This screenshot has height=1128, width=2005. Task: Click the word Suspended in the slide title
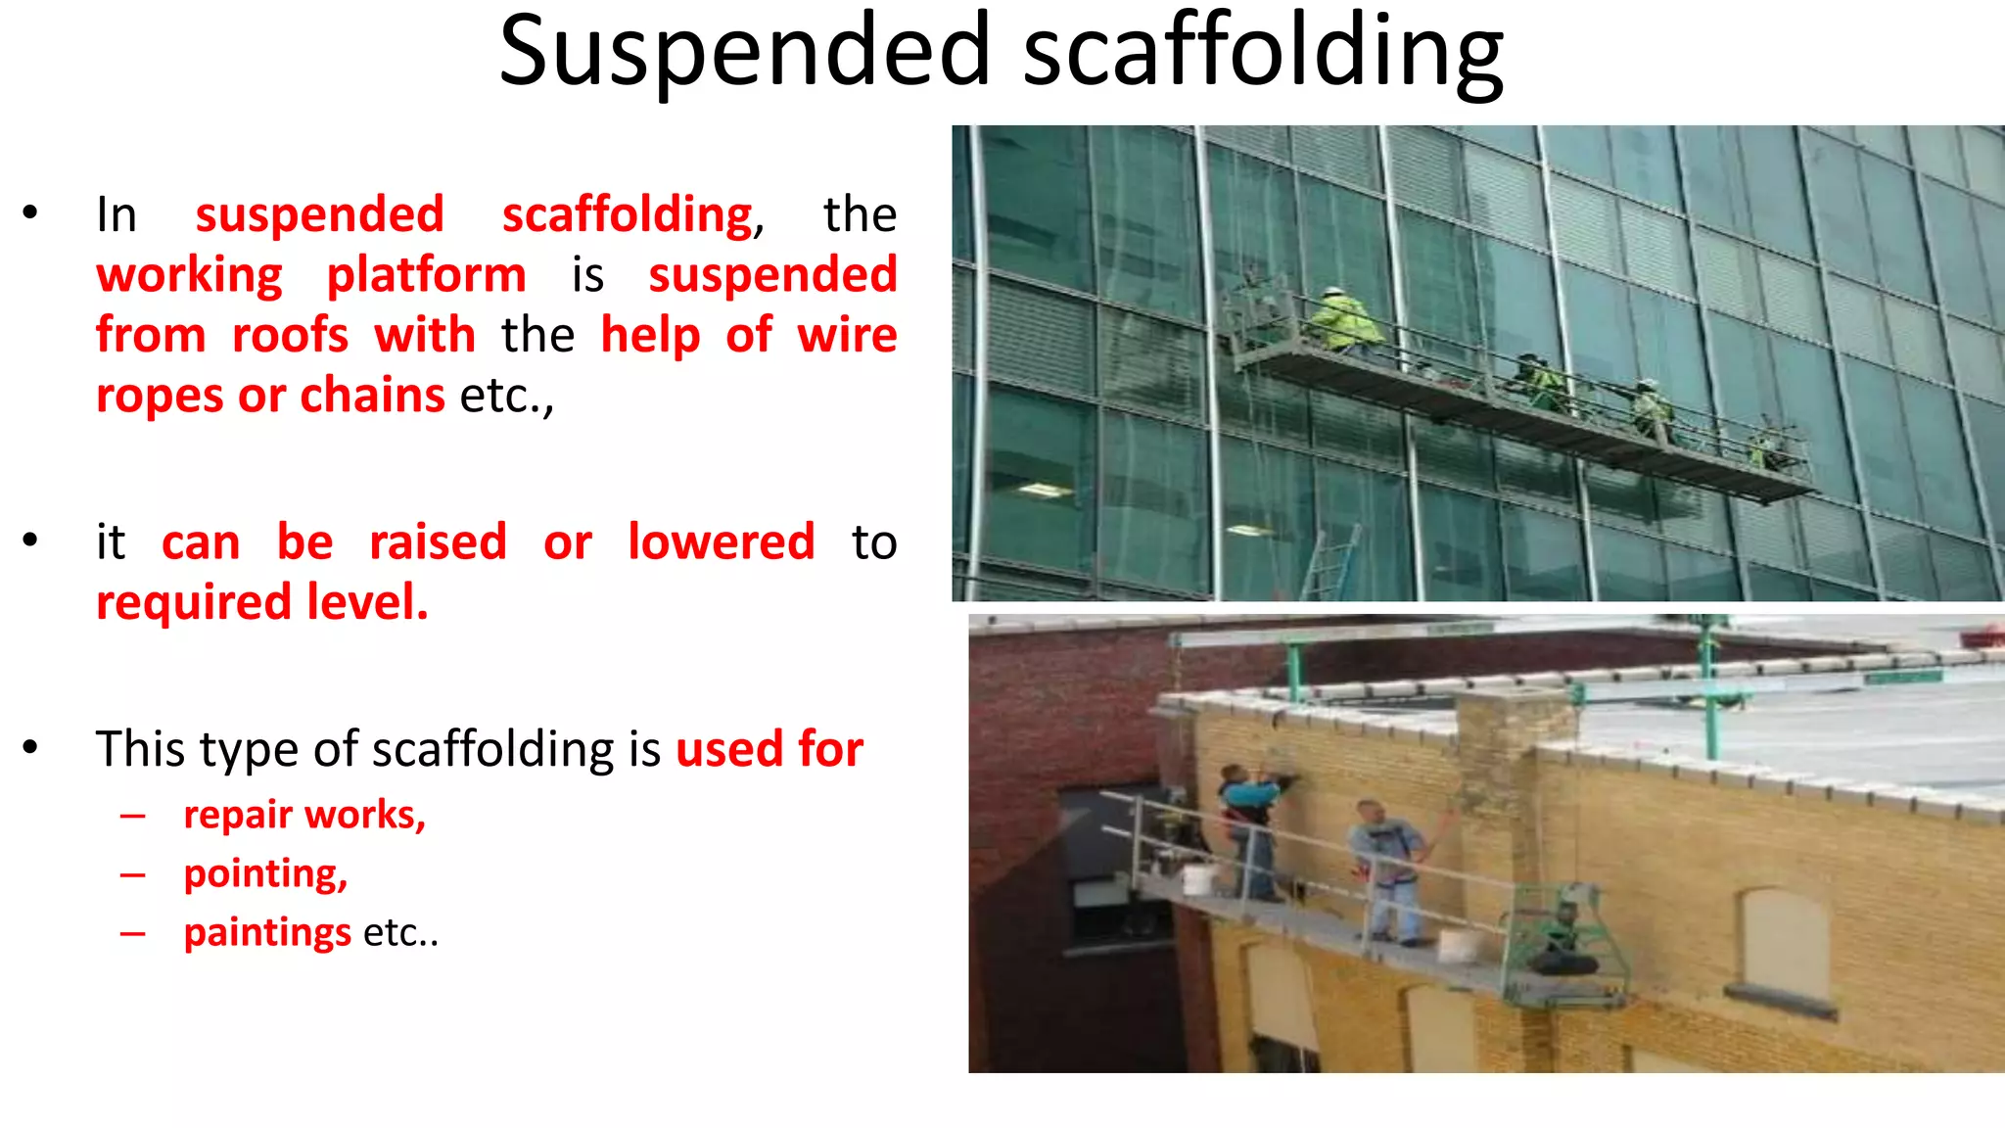pyautogui.click(x=745, y=51)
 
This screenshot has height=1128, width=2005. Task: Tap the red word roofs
pyautogui.click(x=290, y=335)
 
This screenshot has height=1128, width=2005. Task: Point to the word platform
pyautogui.click(x=426, y=275)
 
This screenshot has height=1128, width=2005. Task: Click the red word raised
pyautogui.click(x=438, y=541)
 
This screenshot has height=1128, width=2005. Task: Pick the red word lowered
pyautogui.click(x=721, y=541)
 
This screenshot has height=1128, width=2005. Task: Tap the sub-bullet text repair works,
pyautogui.click(x=304, y=815)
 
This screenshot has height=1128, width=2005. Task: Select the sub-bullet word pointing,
pyautogui.click(x=265, y=873)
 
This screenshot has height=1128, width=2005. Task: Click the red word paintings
pyautogui.click(x=267, y=932)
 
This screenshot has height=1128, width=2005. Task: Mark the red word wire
pyautogui.click(x=847, y=335)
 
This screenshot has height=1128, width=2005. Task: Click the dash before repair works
pyautogui.click(x=133, y=816)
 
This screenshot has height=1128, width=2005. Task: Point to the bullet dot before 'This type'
pyautogui.click(x=31, y=748)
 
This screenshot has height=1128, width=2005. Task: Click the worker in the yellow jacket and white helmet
pyautogui.click(x=1343, y=320)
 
